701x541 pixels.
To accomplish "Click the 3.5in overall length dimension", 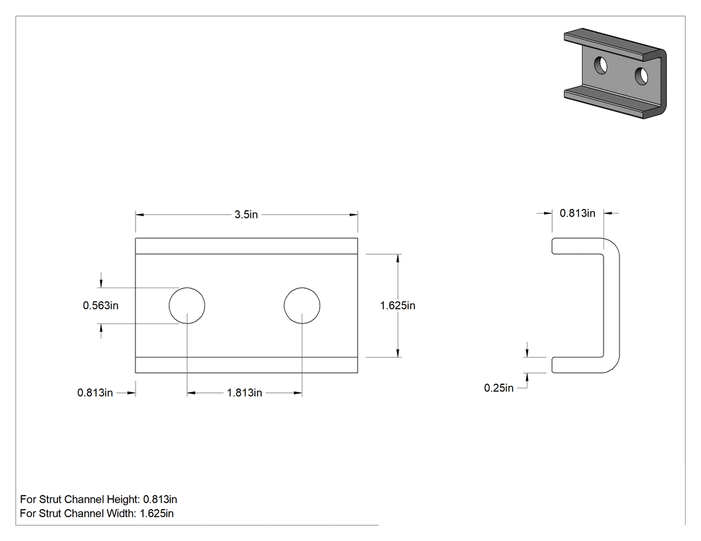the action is [246, 214].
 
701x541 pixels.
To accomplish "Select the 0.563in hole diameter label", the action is [101, 306].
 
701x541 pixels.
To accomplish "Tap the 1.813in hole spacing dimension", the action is [244, 393].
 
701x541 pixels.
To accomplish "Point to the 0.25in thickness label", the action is [499, 388].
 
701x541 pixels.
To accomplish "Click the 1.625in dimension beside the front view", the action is [398, 306].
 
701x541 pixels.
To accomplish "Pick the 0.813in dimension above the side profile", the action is [577, 213].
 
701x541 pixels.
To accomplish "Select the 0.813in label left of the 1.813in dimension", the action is [95, 393].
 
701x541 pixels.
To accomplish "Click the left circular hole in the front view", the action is [187, 306].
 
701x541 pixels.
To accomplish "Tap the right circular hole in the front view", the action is [302, 306].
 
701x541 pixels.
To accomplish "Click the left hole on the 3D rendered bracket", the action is [601, 65].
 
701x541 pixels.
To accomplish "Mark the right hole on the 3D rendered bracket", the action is [642, 76].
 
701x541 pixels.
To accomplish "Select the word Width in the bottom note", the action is [121, 513].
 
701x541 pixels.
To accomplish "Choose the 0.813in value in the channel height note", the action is [159, 500].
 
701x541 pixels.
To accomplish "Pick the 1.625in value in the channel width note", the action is [156, 513].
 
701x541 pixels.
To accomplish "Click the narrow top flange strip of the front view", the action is [246, 246].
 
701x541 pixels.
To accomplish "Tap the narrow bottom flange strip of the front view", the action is [246, 365].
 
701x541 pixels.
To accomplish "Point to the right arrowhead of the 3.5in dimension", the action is [354, 215].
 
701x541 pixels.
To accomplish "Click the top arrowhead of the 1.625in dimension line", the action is [398, 258].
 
